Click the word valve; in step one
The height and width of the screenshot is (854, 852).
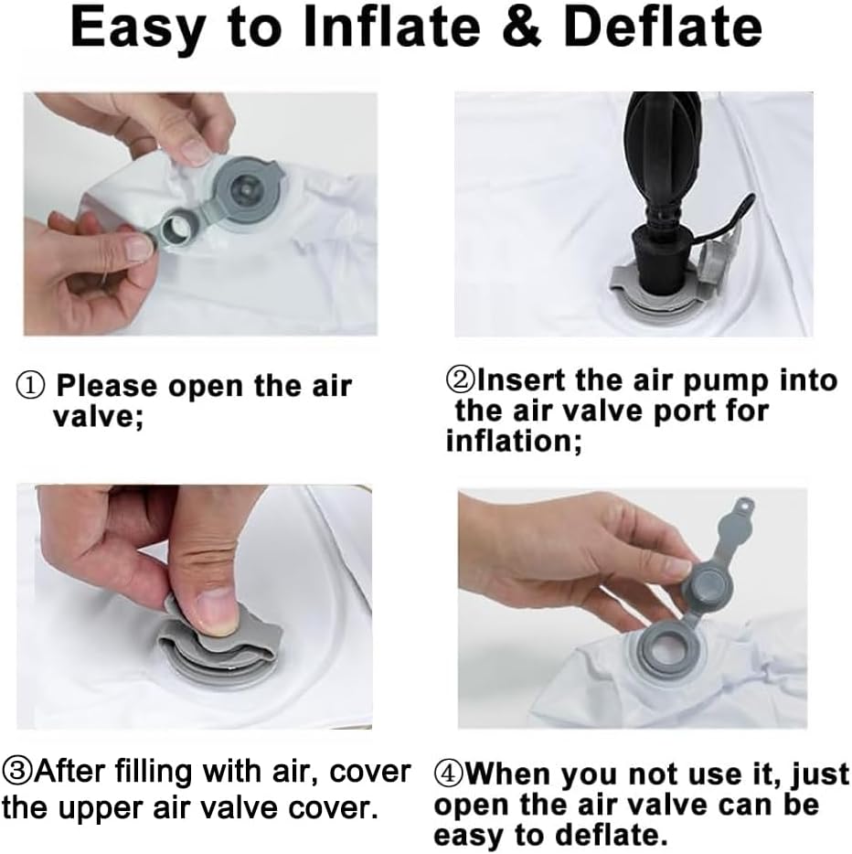(x=98, y=417)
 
